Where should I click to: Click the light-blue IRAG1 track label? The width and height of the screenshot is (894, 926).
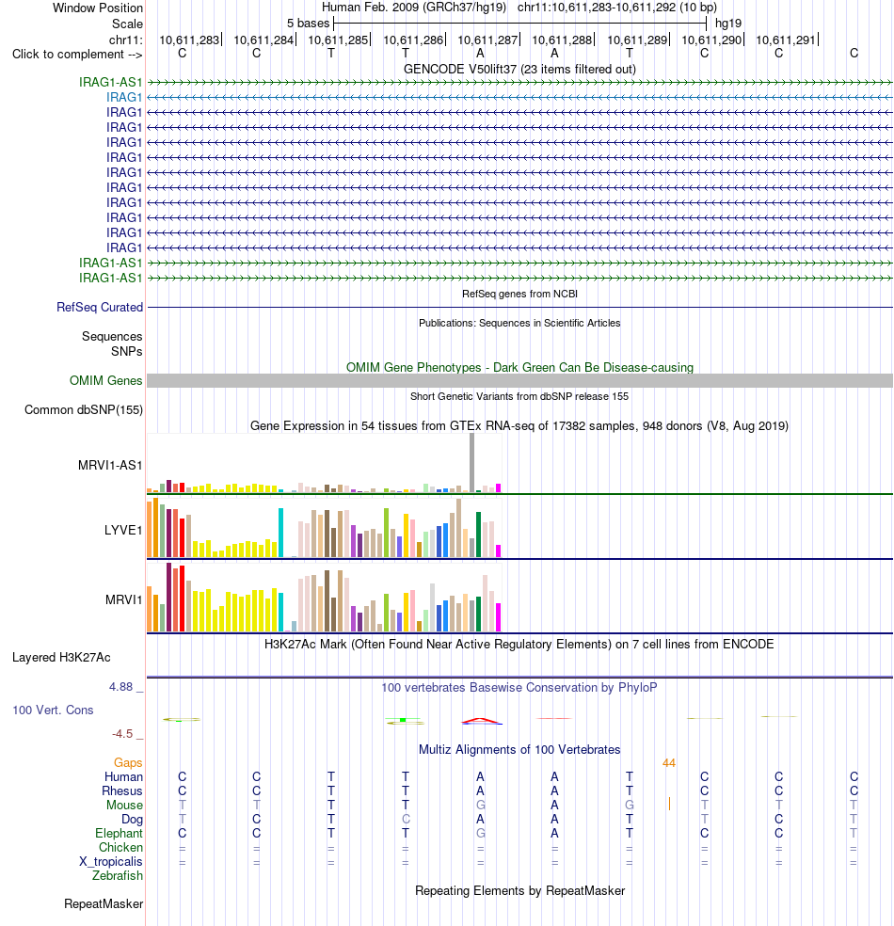pyautogui.click(x=124, y=97)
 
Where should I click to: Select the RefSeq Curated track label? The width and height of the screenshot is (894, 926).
pyautogui.click(x=100, y=307)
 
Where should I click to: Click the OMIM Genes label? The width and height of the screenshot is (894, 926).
pyautogui.click(x=105, y=380)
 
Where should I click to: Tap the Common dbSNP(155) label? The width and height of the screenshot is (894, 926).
pyautogui.click(x=83, y=410)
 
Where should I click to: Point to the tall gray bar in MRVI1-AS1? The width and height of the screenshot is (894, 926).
pyautogui.click(x=471, y=462)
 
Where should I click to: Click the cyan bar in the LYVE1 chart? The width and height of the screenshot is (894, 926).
pyautogui.click(x=281, y=533)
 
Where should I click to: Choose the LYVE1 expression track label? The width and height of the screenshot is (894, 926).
pyautogui.click(x=123, y=531)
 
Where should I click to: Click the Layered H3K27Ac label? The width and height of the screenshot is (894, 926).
pyautogui.click(x=61, y=657)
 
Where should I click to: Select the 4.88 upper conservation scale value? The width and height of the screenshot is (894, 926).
pyautogui.click(x=120, y=687)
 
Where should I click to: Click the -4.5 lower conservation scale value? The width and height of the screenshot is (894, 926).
pyautogui.click(x=122, y=733)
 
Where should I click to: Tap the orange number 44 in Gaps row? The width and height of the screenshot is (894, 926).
pyautogui.click(x=668, y=763)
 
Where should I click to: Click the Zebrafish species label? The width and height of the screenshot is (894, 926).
pyautogui.click(x=118, y=876)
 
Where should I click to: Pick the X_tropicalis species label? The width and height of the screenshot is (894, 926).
pyautogui.click(x=111, y=862)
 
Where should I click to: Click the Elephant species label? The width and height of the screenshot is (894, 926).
pyautogui.click(x=119, y=833)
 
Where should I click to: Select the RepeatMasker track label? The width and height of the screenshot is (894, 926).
pyautogui.click(x=104, y=904)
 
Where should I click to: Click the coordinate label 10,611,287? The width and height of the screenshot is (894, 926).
pyautogui.click(x=487, y=40)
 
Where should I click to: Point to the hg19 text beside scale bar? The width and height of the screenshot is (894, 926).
pyautogui.click(x=728, y=24)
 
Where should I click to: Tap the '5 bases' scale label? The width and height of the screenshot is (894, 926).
pyautogui.click(x=309, y=24)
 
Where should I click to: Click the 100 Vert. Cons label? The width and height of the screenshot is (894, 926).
pyautogui.click(x=53, y=710)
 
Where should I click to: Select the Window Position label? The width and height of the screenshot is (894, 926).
pyautogui.click(x=98, y=8)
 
